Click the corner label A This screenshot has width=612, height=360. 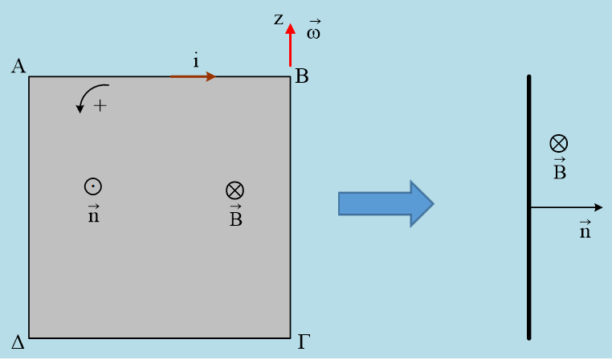click(x=18, y=66)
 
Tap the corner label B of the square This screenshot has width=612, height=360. click(x=302, y=77)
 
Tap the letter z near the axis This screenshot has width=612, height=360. click(x=279, y=18)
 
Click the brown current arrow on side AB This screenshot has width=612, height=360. click(x=193, y=76)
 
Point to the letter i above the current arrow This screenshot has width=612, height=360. click(x=195, y=60)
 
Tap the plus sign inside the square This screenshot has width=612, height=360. click(x=100, y=105)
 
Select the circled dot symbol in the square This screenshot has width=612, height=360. click(x=93, y=186)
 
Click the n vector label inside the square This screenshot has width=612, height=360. click(x=93, y=214)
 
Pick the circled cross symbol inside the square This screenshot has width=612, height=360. click(x=235, y=190)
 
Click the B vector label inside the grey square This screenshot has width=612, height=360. click(x=235, y=217)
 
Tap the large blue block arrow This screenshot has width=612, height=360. click(x=386, y=203)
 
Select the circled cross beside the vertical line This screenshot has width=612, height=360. click(x=559, y=144)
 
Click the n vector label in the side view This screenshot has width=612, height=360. click(x=585, y=230)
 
